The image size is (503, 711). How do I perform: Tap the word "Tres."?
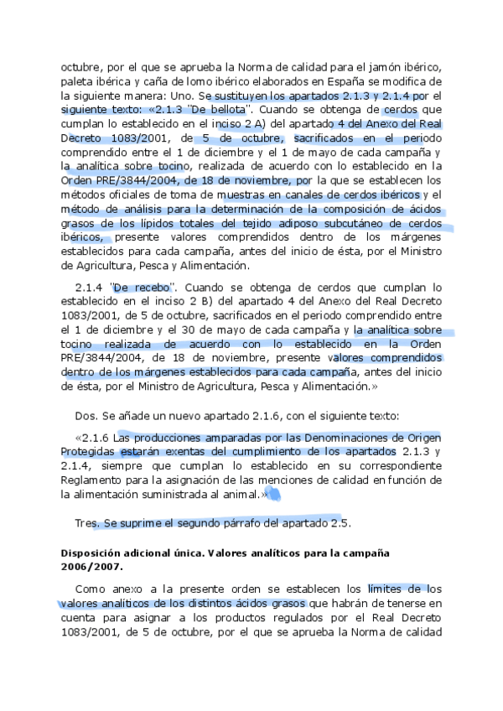click(x=86, y=523)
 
